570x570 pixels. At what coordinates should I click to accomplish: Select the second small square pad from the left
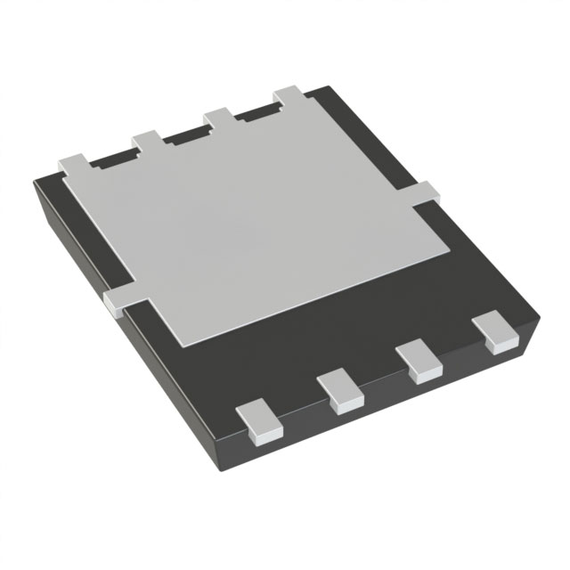(x=343, y=391)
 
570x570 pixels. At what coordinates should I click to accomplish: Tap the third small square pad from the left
(x=419, y=362)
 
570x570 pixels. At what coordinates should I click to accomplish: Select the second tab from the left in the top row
(x=147, y=141)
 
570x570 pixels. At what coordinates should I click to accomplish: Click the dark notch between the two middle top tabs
(x=184, y=134)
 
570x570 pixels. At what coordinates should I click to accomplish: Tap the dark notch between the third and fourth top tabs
(x=255, y=112)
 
